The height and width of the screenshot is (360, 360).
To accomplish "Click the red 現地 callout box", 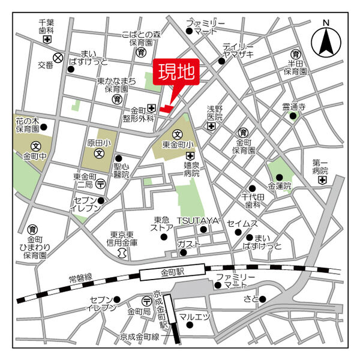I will pos(176,73).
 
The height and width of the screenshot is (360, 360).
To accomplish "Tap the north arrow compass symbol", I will pos(326,39).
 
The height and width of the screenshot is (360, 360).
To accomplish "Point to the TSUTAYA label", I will pos(202,221).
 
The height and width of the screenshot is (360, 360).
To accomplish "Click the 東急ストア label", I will pos(163,223).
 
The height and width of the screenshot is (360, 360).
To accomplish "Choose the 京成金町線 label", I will pos(139,337).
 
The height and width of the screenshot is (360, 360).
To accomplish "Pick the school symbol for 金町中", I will pos(35,146).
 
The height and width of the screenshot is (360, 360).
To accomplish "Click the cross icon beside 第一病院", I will pos(323,179).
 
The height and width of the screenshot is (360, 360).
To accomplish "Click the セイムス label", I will pos(242,223).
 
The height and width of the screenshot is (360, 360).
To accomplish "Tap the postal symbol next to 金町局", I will pos(146,301).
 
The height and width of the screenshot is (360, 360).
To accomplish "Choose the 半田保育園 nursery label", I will pos(295,67).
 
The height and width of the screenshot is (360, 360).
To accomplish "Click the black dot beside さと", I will pos(262,299).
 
